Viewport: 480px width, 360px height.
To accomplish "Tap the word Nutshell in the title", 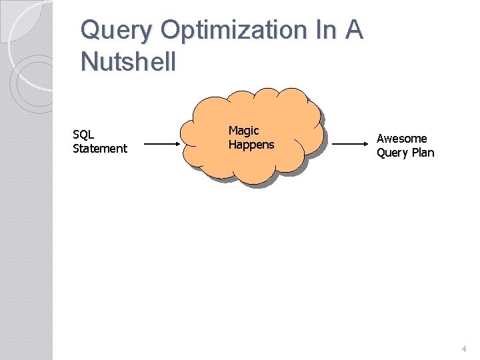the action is tap(128, 61).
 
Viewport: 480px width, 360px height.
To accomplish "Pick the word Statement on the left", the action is tap(99, 149).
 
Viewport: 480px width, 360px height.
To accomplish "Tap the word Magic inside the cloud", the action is tap(243, 131).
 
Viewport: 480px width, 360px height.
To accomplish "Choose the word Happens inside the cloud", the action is tap(251, 145).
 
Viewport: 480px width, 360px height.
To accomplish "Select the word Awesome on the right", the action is tap(401, 139).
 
